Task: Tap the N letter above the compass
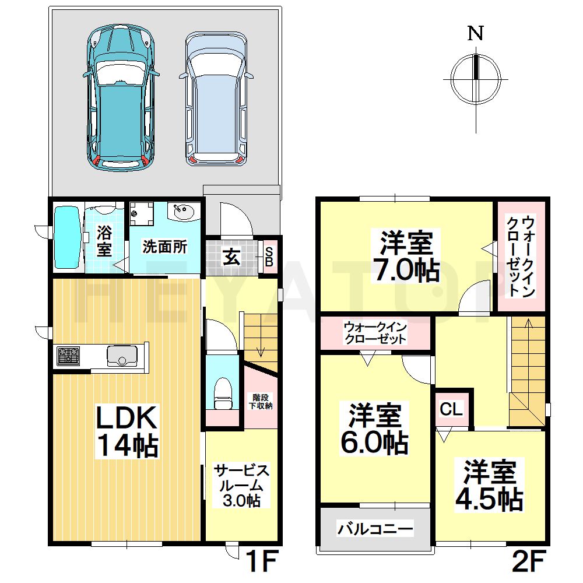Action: (x=476, y=34)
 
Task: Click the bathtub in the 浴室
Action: (x=68, y=238)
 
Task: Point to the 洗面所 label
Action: (x=165, y=247)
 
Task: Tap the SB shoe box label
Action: (x=269, y=257)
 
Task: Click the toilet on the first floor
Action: (x=223, y=394)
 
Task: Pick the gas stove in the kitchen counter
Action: (x=68, y=355)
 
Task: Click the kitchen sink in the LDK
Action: (x=121, y=354)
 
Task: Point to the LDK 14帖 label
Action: (x=126, y=431)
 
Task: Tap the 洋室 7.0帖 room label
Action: (x=407, y=257)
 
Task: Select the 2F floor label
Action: (x=528, y=562)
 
